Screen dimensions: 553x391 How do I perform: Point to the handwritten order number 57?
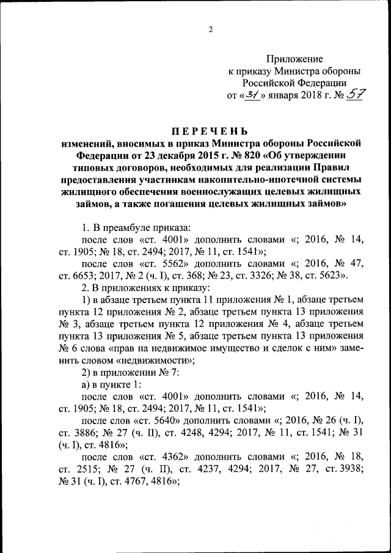[354, 94]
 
